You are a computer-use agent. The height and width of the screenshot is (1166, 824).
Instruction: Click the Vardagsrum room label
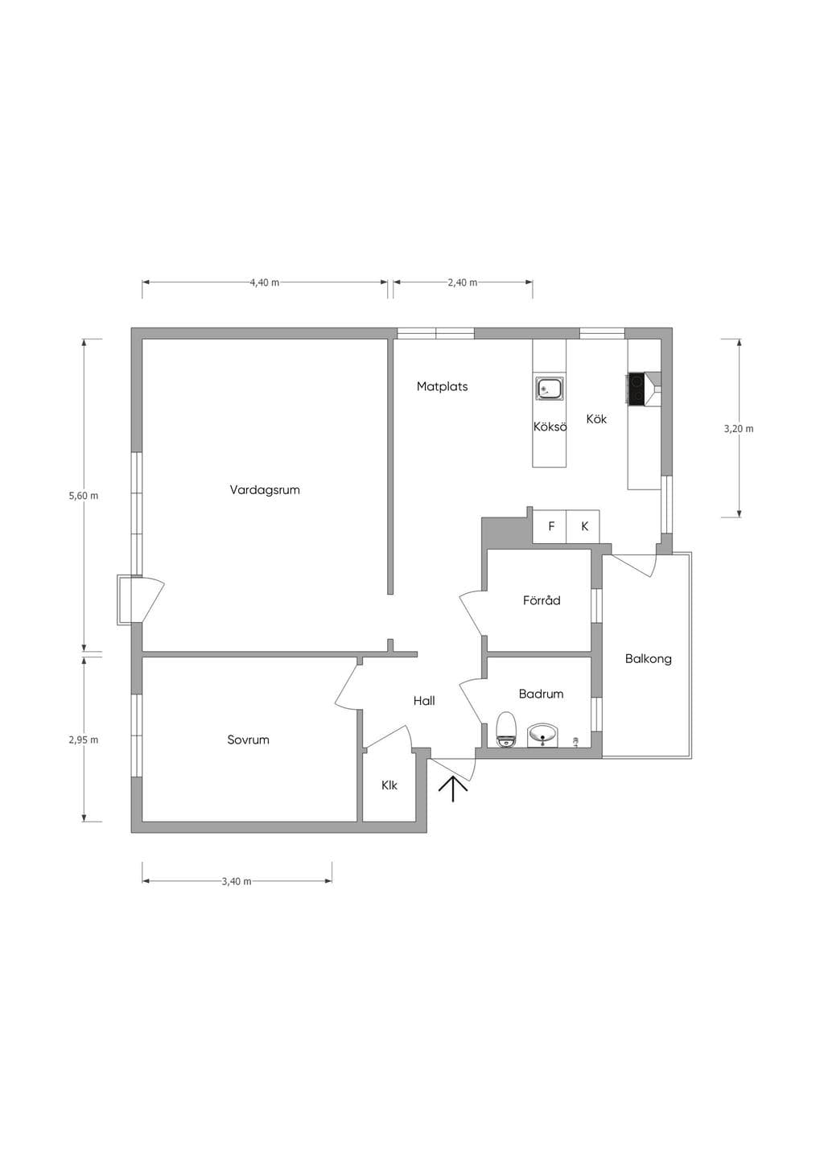(265, 490)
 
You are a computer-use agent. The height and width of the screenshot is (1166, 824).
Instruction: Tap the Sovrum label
(249, 740)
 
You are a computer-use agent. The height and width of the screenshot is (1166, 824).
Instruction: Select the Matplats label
(442, 386)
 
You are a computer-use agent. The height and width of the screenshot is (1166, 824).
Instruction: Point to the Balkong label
(648, 659)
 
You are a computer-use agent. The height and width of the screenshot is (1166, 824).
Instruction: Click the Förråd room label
(542, 600)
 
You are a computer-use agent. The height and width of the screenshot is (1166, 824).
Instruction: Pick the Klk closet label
(389, 785)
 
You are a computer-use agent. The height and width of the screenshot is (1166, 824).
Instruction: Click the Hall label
(424, 701)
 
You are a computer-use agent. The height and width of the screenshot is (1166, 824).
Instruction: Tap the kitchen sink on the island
(549, 388)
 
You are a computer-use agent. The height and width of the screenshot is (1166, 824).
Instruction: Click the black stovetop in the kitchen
(636, 389)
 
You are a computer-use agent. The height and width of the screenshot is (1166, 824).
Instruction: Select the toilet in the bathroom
(506, 730)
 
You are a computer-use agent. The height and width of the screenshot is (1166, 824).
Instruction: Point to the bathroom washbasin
(542, 735)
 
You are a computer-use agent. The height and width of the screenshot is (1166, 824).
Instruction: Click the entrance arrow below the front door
(452, 789)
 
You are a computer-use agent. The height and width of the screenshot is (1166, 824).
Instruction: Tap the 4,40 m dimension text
(265, 282)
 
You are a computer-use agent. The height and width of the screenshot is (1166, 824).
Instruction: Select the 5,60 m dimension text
(83, 496)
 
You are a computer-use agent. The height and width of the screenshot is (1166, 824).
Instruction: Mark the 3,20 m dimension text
(739, 429)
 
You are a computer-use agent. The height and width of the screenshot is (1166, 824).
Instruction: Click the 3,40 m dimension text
(237, 881)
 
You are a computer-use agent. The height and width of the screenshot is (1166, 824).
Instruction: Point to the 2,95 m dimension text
(83, 740)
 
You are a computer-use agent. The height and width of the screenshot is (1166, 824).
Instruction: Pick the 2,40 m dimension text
(462, 282)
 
